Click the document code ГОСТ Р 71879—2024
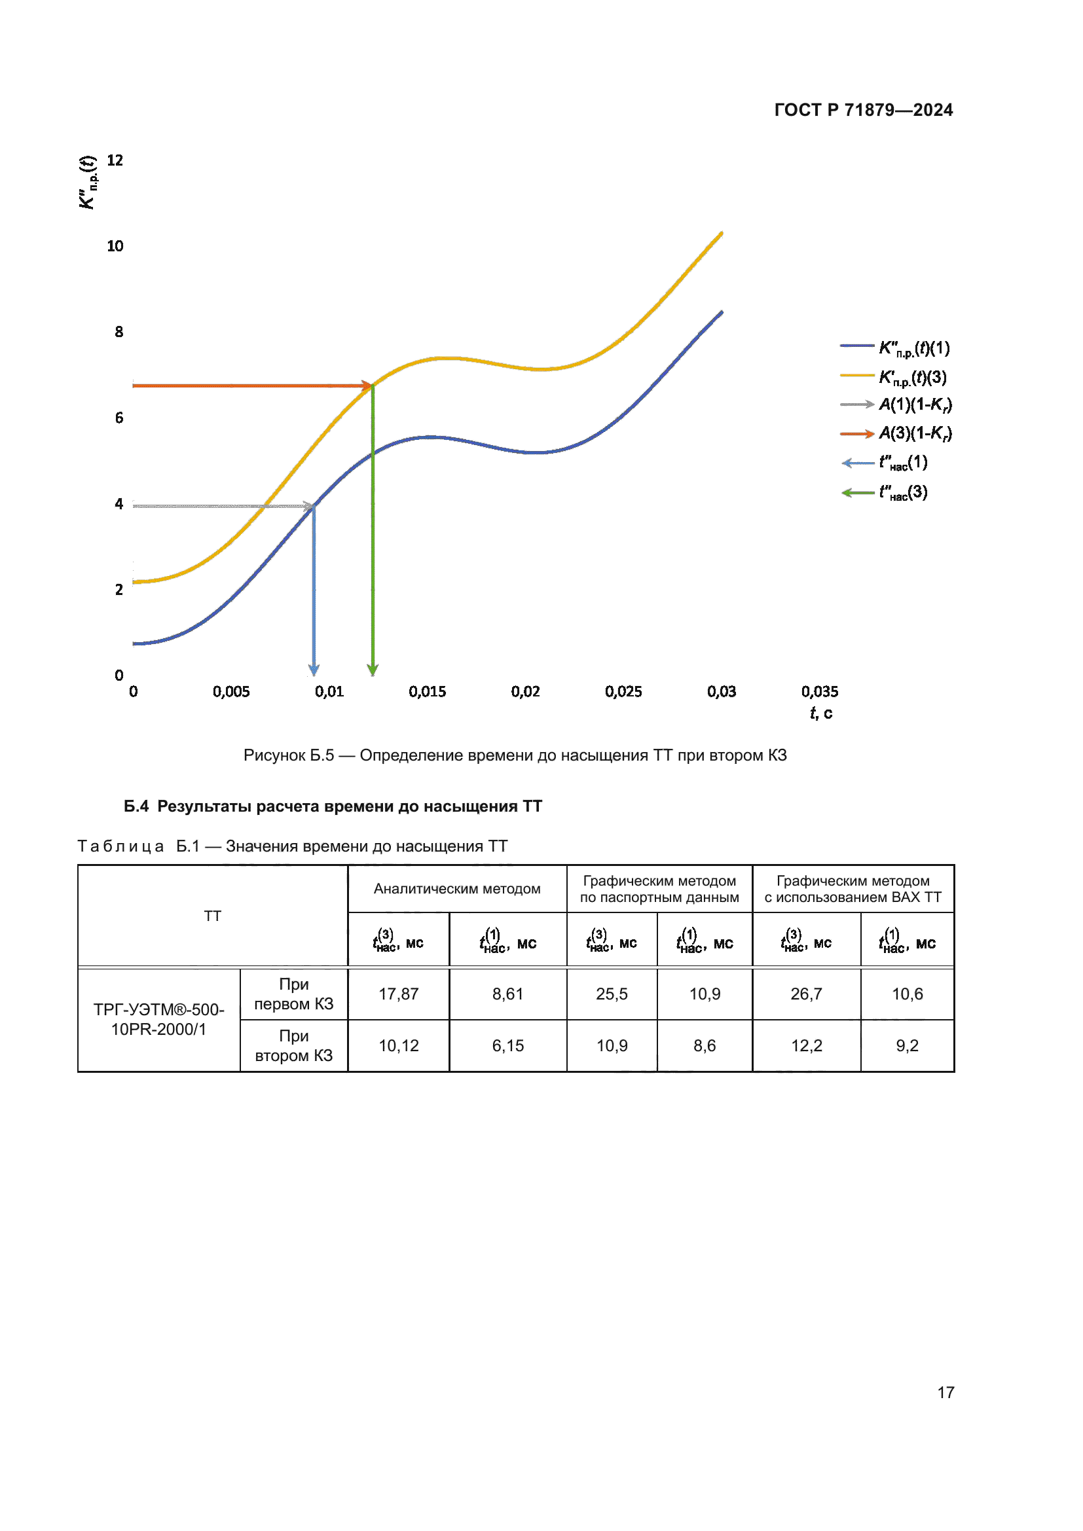click(863, 110)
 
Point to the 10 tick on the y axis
click(115, 246)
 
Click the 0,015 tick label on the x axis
click(427, 691)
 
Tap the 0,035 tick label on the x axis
click(820, 691)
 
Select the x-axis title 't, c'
click(821, 713)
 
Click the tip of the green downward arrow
click(373, 673)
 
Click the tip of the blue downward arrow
click(314, 673)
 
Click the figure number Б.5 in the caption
click(321, 755)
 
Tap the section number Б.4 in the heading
click(136, 806)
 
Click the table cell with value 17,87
click(399, 994)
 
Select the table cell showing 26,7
click(805, 994)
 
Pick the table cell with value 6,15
click(507, 1045)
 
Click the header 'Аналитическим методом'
click(457, 889)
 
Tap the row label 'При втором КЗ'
click(293, 1045)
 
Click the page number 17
click(945, 1392)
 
